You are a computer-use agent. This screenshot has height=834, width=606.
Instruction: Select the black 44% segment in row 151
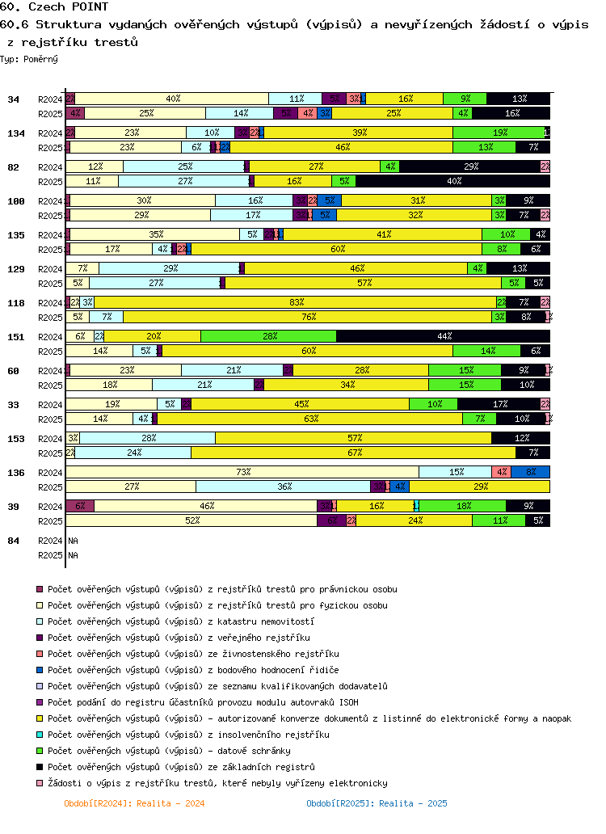pyautogui.click(x=443, y=336)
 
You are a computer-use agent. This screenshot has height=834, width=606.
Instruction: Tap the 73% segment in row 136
pyautogui.click(x=242, y=472)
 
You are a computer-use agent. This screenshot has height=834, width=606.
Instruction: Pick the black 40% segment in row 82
pyautogui.click(x=453, y=181)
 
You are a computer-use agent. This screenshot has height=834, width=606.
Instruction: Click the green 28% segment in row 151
pyautogui.click(x=268, y=336)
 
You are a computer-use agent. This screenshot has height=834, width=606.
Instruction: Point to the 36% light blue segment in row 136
pyautogui.click(x=283, y=486)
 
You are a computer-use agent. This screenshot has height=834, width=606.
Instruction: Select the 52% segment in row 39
pyautogui.click(x=191, y=520)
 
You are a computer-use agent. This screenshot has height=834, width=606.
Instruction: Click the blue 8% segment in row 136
pyautogui.click(x=530, y=472)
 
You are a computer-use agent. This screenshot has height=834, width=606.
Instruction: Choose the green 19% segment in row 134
pyautogui.click(x=499, y=133)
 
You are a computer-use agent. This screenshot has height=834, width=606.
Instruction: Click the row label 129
pyautogui.click(x=14, y=268)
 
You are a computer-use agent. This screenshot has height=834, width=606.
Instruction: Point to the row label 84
pyautogui.click(x=14, y=540)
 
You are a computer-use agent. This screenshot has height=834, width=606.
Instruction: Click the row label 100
pyautogui.click(x=14, y=200)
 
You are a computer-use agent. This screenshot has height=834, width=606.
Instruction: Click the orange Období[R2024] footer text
pyautogui.click(x=134, y=803)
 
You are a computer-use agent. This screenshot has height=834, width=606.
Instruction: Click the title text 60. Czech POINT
pyautogui.click(x=54, y=6)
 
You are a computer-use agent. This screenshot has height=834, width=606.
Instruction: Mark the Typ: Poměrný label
pyautogui.click(x=29, y=59)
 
